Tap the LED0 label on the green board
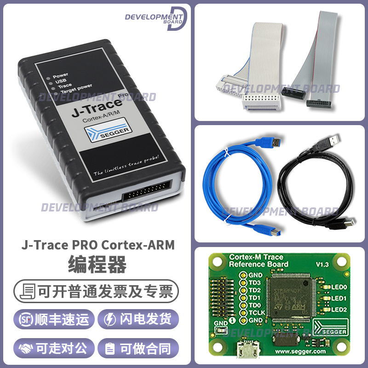[339, 287]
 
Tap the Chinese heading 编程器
[97, 264]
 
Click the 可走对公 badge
[55, 348]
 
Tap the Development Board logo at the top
[155, 18]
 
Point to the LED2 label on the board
[339, 309]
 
